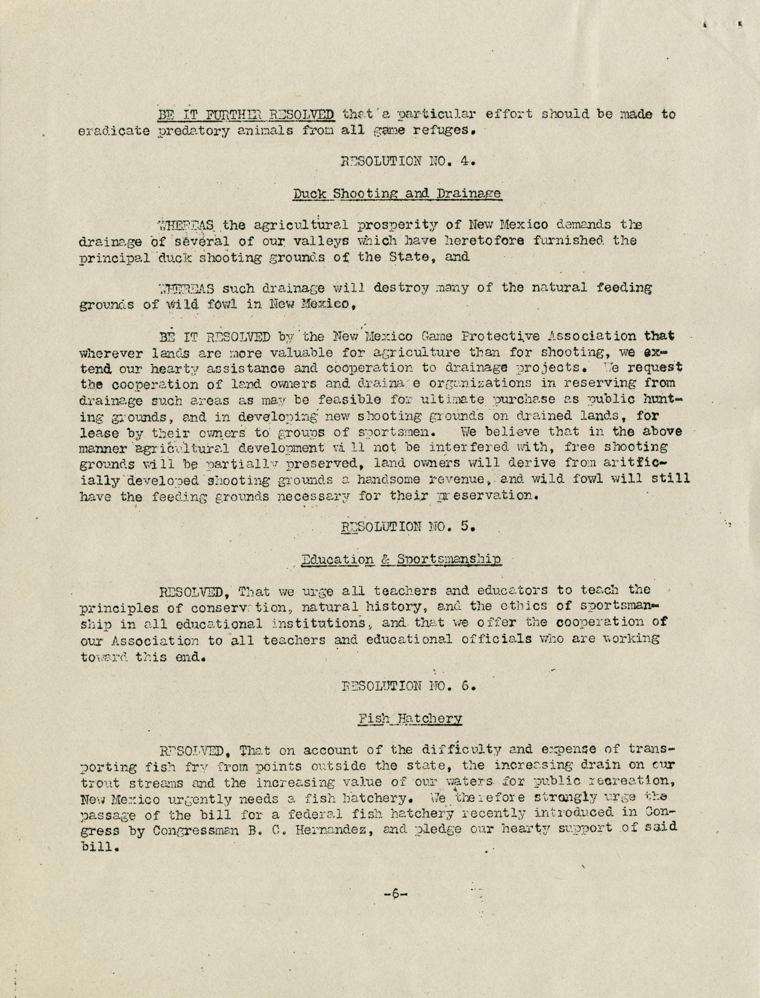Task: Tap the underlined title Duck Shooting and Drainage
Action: point(397,194)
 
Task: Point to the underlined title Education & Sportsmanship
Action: point(400,560)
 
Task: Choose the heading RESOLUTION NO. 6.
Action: point(407,686)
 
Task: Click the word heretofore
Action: point(466,241)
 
